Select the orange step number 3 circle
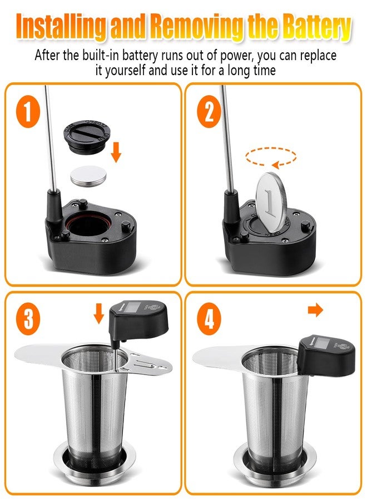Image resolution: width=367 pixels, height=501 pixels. (x=28, y=319)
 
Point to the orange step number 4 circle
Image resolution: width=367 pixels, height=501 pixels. (x=209, y=319)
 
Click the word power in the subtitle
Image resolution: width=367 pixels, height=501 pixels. (x=237, y=56)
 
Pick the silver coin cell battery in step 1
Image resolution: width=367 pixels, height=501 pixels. (x=88, y=175)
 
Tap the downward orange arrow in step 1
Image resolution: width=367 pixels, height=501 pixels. (x=116, y=153)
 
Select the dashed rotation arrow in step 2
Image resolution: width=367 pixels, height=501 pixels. (x=271, y=156)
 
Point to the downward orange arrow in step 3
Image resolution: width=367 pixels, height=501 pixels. (x=99, y=313)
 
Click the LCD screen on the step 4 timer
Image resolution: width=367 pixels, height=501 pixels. (x=320, y=344)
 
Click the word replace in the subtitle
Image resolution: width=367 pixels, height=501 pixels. (x=318, y=56)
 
